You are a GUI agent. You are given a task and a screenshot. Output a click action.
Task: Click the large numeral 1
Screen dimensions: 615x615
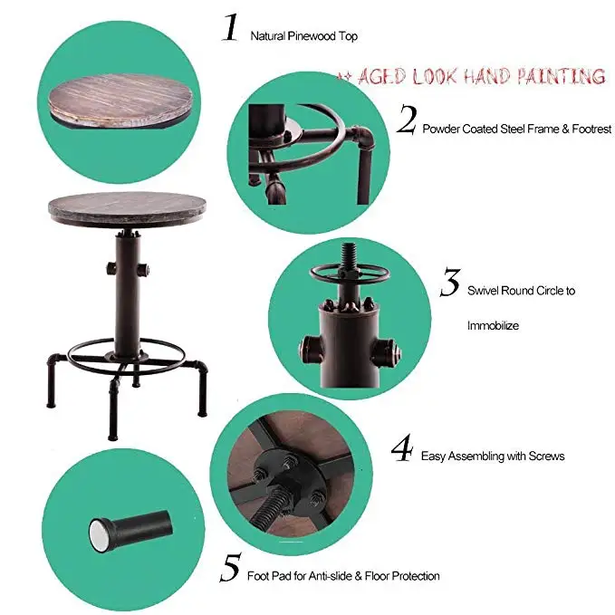(x=231, y=27)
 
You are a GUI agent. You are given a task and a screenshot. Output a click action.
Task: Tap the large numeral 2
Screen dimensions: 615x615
(x=407, y=120)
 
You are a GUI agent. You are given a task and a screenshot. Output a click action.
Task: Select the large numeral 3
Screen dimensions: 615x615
(x=450, y=282)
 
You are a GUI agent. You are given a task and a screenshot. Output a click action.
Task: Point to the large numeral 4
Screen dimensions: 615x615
(x=401, y=447)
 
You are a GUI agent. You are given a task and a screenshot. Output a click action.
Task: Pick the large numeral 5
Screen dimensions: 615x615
(x=231, y=567)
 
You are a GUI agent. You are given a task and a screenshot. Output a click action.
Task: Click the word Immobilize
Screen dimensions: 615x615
(x=493, y=325)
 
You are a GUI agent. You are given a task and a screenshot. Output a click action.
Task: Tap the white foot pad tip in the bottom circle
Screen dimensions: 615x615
(x=98, y=533)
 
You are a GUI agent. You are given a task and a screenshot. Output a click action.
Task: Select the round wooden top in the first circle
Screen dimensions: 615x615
(x=121, y=100)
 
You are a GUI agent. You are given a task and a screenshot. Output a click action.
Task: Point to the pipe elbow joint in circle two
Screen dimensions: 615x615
(x=361, y=135)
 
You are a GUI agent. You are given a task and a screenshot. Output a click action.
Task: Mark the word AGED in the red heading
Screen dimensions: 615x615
(x=381, y=76)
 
